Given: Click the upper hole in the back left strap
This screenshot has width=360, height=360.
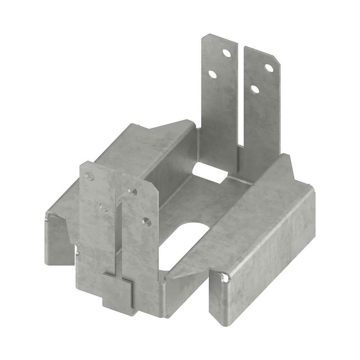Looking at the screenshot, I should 227,53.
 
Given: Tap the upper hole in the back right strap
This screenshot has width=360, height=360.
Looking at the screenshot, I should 269,68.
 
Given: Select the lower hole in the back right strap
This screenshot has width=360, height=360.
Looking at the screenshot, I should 255,89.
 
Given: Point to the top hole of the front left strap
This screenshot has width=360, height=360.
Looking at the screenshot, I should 90,176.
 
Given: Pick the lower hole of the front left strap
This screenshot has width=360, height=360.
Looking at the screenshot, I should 103,207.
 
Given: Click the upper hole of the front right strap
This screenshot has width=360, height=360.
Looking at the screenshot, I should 132,191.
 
